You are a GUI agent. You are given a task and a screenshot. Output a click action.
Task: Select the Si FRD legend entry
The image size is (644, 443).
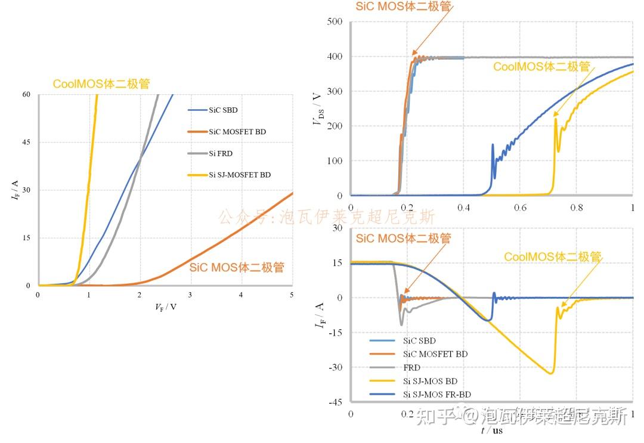(x=221, y=153)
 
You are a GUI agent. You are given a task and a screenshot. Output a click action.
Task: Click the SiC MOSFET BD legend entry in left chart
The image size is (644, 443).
(x=237, y=132)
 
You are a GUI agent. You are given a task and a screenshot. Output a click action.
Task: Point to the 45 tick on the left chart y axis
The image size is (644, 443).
(x=26, y=142)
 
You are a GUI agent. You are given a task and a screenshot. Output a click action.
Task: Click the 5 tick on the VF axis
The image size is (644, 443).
(x=292, y=295)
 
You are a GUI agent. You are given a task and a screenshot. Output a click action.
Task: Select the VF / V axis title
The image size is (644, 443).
(x=165, y=307)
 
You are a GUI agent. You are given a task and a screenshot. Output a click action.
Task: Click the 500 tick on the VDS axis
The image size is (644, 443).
(x=334, y=22)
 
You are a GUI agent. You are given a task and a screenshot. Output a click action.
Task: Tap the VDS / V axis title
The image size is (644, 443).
(x=317, y=109)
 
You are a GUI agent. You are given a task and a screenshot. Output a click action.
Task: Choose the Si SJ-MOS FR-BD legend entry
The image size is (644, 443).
(x=436, y=395)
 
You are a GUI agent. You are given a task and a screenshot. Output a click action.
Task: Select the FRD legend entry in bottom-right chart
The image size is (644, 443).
(x=411, y=368)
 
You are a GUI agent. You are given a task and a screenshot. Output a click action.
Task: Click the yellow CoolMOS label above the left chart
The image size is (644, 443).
(x=101, y=84)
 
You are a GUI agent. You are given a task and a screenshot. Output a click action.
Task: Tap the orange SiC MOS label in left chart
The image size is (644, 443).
(x=237, y=267)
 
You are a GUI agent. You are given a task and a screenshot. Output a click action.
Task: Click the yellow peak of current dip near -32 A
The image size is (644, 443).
(x=550, y=373)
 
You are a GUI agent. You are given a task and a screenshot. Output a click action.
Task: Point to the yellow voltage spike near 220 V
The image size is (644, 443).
(x=556, y=119)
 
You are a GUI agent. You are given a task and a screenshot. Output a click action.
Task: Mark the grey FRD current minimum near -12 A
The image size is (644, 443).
(x=401, y=324)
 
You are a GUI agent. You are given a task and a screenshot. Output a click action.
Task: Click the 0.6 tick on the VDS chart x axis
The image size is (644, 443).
(x=520, y=207)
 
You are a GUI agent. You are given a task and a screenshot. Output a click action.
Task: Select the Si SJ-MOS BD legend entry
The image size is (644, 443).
(x=430, y=381)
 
